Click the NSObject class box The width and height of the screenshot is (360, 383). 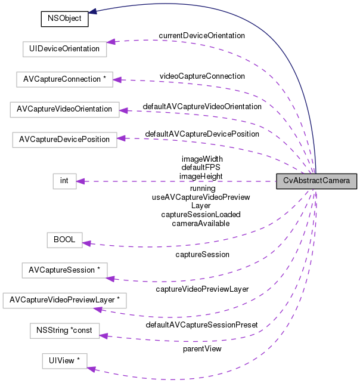pyautogui.click(x=64, y=18)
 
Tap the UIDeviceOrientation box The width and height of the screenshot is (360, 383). pyautogui.click(x=64, y=48)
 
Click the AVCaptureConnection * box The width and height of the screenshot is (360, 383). pyautogui.click(x=64, y=79)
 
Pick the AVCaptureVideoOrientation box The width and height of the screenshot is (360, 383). pyautogui.click(x=64, y=109)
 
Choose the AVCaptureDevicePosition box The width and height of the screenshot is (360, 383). pyautogui.click(x=64, y=140)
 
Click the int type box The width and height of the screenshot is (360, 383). pyautogui.click(x=64, y=181)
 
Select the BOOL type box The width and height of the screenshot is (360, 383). pyautogui.click(x=64, y=239)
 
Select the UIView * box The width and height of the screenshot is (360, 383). pyautogui.click(x=64, y=360)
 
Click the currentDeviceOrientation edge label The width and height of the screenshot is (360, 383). pyautogui.click(x=201, y=36)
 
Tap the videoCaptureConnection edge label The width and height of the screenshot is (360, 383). pyautogui.click(x=202, y=76)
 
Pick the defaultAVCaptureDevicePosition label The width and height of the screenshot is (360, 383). pyautogui.click(x=202, y=134)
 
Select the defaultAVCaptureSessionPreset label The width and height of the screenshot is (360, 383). pyautogui.click(x=201, y=325)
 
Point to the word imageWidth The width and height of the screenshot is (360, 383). pyautogui.click(x=202, y=159)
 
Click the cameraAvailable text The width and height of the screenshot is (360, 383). pyautogui.click(x=201, y=223)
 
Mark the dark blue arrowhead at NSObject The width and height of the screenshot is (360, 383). pyautogui.click(x=94, y=11)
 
